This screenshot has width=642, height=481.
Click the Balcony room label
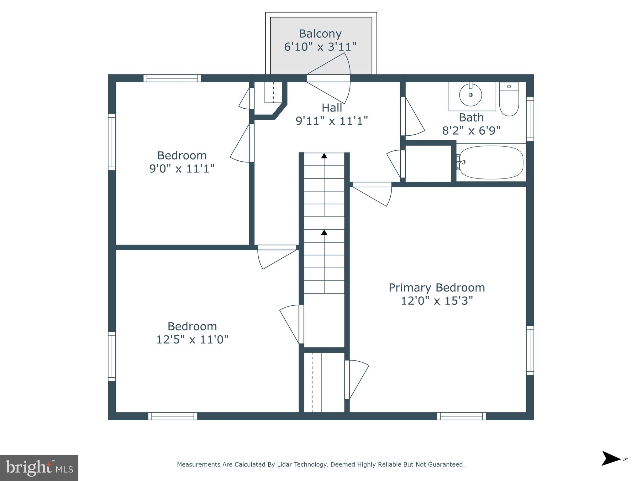(x=320, y=34)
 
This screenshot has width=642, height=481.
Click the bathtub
(x=491, y=163)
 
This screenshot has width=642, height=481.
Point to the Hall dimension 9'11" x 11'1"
(x=332, y=121)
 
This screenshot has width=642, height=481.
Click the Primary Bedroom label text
(x=437, y=287)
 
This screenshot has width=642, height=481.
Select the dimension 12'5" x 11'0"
(x=192, y=339)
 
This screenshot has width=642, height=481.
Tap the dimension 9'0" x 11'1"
(x=182, y=168)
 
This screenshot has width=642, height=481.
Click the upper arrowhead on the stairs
(x=324, y=156)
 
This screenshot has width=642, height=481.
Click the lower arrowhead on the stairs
(x=324, y=232)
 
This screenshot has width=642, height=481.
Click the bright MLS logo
(x=39, y=468)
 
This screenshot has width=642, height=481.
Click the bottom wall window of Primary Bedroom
(x=461, y=416)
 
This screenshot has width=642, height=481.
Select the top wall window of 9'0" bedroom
(x=172, y=78)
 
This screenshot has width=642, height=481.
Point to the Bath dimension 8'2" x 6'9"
(x=471, y=130)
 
